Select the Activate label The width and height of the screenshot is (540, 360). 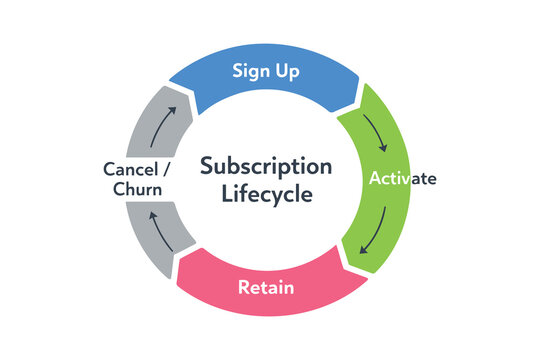tap(402, 179)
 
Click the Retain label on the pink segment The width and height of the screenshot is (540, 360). tap(265, 288)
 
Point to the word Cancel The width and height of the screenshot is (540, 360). tap(133, 168)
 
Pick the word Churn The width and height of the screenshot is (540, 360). tap(137, 189)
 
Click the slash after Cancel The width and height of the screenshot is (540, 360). tap(166, 168)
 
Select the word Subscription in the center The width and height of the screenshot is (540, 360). tap(265, 165)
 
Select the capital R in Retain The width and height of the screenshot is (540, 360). tap(243, 288)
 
